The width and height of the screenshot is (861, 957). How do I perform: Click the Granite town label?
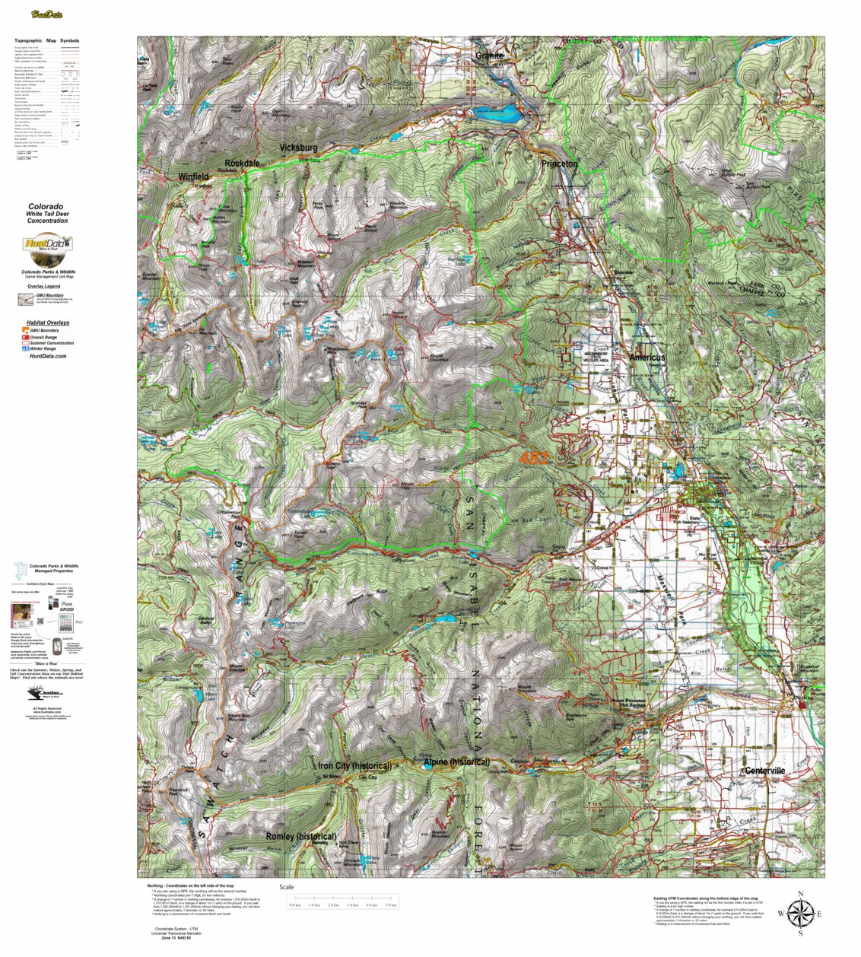[x=490, y=56]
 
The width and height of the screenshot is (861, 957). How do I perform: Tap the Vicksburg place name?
[x=298, y=147]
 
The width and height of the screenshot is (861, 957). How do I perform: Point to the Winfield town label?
[x=193, y=176]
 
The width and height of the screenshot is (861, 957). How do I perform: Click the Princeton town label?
[x=560, y=164]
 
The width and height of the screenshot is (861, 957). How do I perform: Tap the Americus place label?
[x=647, y=358]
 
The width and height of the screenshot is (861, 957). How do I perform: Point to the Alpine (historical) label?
[x=456, y=761]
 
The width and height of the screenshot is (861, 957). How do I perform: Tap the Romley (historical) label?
[x=301, y=836]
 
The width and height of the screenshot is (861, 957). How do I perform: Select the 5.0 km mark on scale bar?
[x=391, y=905]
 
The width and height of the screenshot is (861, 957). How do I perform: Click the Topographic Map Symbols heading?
[x=46, y=40]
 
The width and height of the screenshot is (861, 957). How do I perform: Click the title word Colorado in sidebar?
[x=46, y=206]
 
